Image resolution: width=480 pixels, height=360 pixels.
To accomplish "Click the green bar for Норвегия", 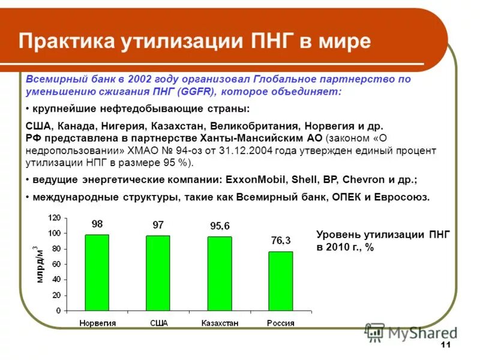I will click(x=97, y=272).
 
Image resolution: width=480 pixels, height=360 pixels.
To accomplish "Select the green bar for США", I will click(x=158, y=273).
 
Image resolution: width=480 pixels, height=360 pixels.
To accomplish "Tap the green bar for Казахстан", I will click(x=220, y=274).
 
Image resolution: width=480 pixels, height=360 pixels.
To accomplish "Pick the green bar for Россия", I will click(x=280, y=281).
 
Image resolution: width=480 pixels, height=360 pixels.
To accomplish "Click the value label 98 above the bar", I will click(x=97, y=224).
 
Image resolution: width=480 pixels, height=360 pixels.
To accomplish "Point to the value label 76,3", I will click(x=280, y=241).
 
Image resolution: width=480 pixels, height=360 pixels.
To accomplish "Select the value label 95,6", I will click(x=220, y=226).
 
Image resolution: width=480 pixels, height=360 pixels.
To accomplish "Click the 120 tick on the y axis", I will click(x=55, y=218).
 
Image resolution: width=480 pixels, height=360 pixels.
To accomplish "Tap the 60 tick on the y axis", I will click(x=56, y=264).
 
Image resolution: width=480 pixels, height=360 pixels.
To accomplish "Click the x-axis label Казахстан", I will click(x=220, y=323).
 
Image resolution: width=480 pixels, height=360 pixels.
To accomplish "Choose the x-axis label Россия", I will click(x=280, y=323).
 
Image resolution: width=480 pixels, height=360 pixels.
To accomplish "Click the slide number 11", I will click(x=445, y=344).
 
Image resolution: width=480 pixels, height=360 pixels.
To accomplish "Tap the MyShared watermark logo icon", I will click(x=375, y=332).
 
